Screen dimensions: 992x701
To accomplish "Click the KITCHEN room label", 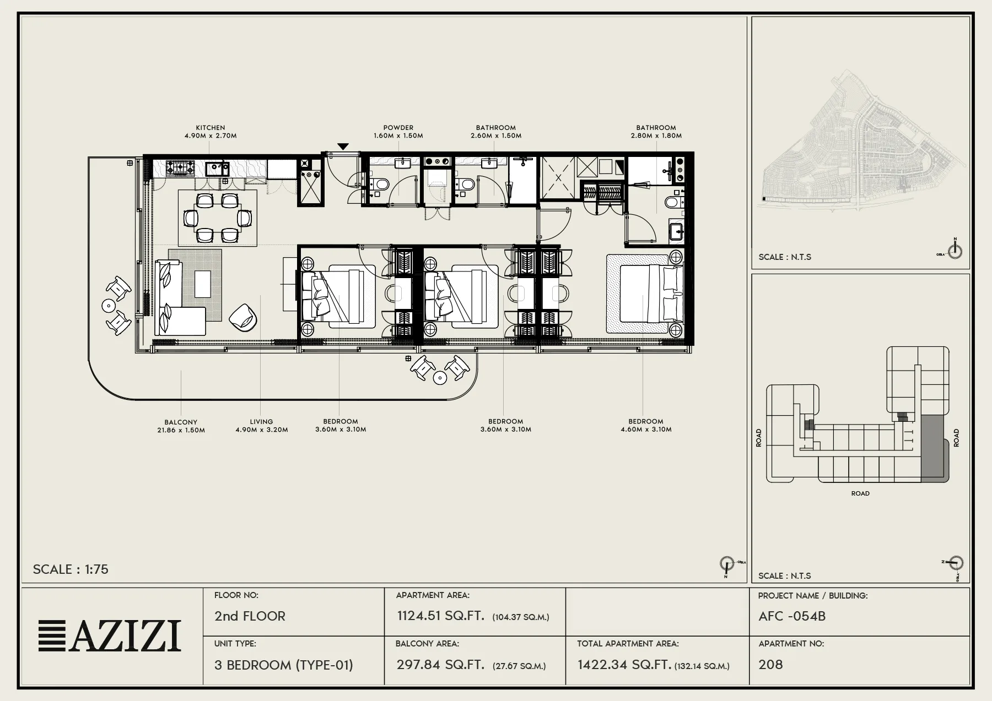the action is click(211, 128).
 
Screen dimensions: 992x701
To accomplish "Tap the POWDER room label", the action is click(398, 128).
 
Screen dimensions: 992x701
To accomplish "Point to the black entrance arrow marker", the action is click(343, 146).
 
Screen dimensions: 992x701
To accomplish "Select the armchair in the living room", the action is click(242, 318).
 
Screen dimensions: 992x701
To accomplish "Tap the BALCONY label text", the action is click(181, 422).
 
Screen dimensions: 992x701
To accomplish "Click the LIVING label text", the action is click(261, 422).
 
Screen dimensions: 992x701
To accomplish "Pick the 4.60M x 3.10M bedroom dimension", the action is click(646, 430).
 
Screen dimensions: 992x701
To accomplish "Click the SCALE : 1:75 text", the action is click(71, 569).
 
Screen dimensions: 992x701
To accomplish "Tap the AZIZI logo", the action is click(110, 636).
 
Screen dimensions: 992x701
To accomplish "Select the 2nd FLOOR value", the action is click(250, 616).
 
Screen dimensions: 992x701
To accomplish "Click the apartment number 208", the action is click(770, 665).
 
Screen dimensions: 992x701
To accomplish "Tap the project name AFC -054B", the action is click(792, 616).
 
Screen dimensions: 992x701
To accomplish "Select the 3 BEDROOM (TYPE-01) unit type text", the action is click(284, 665).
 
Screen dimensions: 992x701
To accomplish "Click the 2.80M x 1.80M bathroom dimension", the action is click(656, 135).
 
